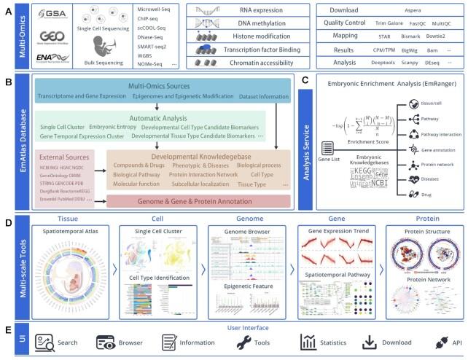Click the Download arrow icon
pos(370,340)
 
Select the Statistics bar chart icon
pos(305,340)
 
